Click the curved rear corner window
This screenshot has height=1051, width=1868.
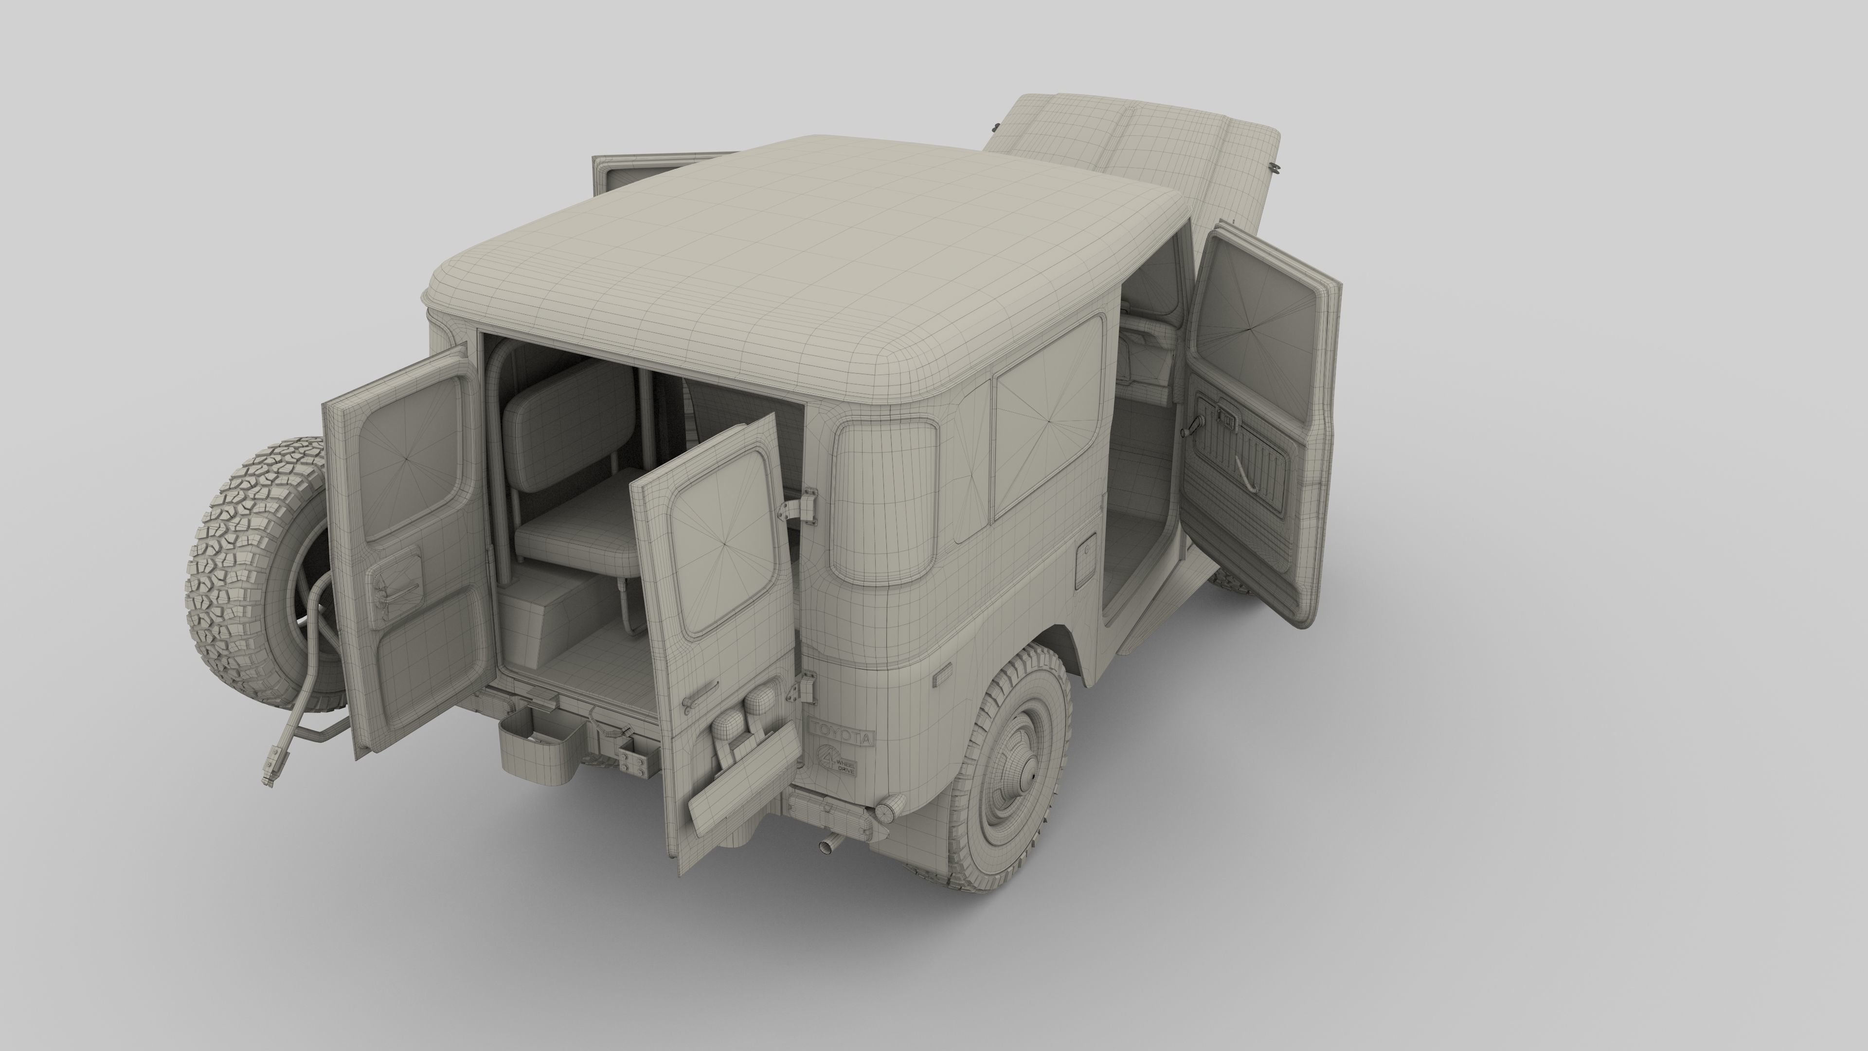coord(883,501)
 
